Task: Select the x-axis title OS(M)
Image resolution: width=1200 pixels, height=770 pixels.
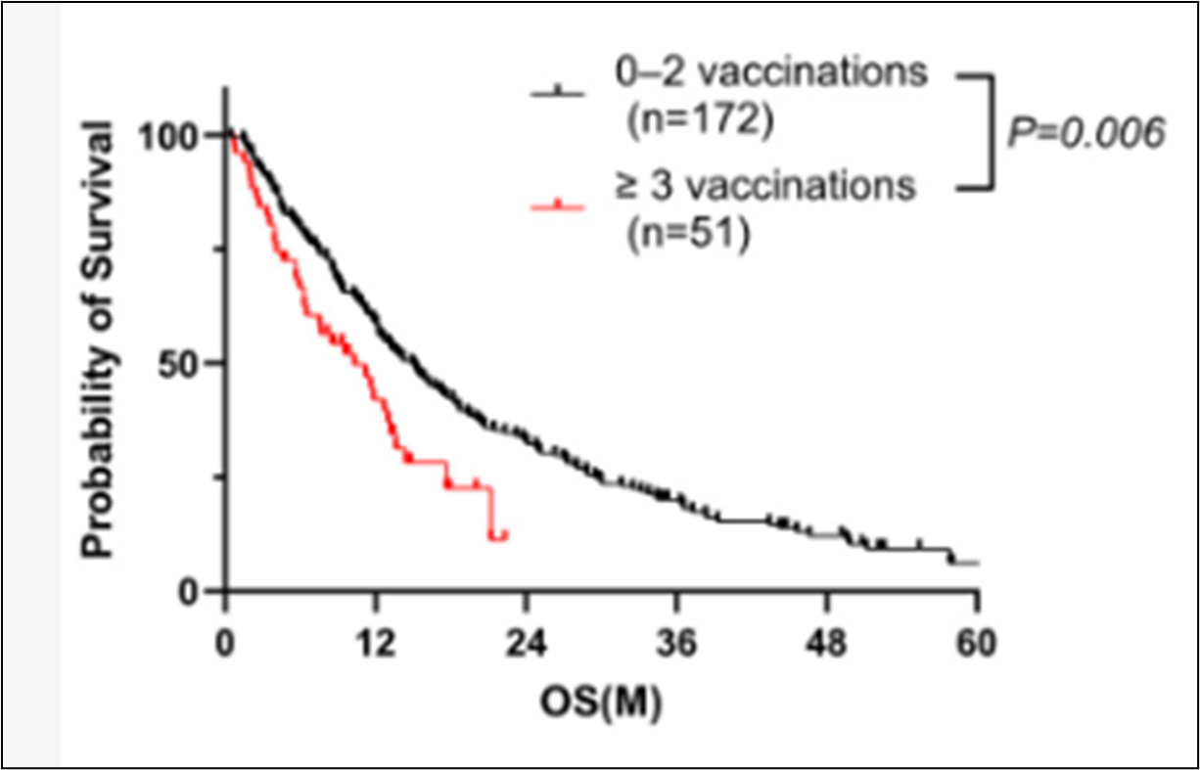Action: (600, 702)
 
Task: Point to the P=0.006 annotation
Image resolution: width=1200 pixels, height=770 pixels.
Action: (1086, 132)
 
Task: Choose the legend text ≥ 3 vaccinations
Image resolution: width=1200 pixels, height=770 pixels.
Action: (764, 186)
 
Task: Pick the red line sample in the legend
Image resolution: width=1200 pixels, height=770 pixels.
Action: (557, 206)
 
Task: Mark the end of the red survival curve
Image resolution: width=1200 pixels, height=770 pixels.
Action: (504, 534)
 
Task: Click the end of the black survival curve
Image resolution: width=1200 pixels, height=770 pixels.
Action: (977, 563)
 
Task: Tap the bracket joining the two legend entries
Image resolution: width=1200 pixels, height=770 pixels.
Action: (989, 130)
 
